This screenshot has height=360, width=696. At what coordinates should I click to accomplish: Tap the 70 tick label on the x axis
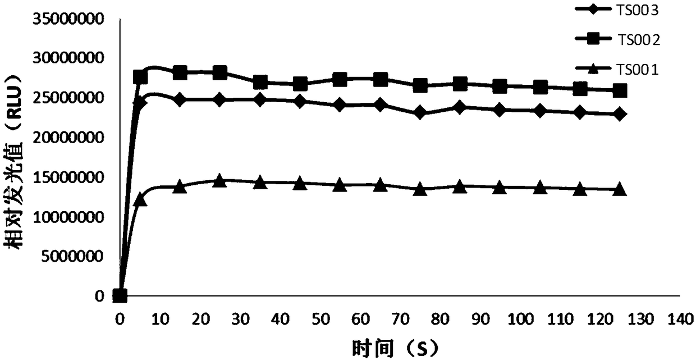coord(420,320)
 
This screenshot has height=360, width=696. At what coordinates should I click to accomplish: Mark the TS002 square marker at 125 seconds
coord(620,90)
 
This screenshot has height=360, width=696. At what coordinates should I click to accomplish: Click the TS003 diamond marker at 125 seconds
coord(620,114)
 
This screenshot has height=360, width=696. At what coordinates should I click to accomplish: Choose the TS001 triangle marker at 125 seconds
coord(620,190)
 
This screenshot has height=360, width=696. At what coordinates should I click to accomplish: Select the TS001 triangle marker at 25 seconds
coord(220,181)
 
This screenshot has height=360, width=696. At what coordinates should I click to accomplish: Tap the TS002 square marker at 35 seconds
coord(260,82)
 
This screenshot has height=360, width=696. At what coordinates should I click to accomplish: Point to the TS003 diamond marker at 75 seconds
coord(420,112)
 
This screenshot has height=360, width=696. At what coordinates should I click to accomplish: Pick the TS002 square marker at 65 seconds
coord(380,79)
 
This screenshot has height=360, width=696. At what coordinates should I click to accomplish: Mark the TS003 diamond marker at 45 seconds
coord(300,102)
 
